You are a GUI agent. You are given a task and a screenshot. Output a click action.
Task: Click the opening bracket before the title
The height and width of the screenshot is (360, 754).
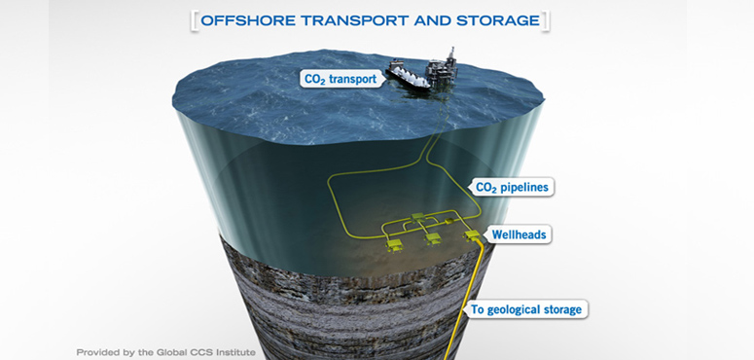(x=195, y=18)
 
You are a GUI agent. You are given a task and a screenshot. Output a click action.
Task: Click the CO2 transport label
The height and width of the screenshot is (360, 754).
(x=339, y=78)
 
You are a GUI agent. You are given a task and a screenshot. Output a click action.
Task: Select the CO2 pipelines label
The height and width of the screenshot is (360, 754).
(x=511, y=187)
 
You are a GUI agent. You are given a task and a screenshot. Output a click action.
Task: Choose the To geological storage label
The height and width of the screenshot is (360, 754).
(x=525, y=309)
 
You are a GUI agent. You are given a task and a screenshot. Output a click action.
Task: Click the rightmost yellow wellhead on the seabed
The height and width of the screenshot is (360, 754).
(x=474, y=236)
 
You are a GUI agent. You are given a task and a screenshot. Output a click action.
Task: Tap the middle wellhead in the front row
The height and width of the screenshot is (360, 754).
(x=433, y=238)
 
